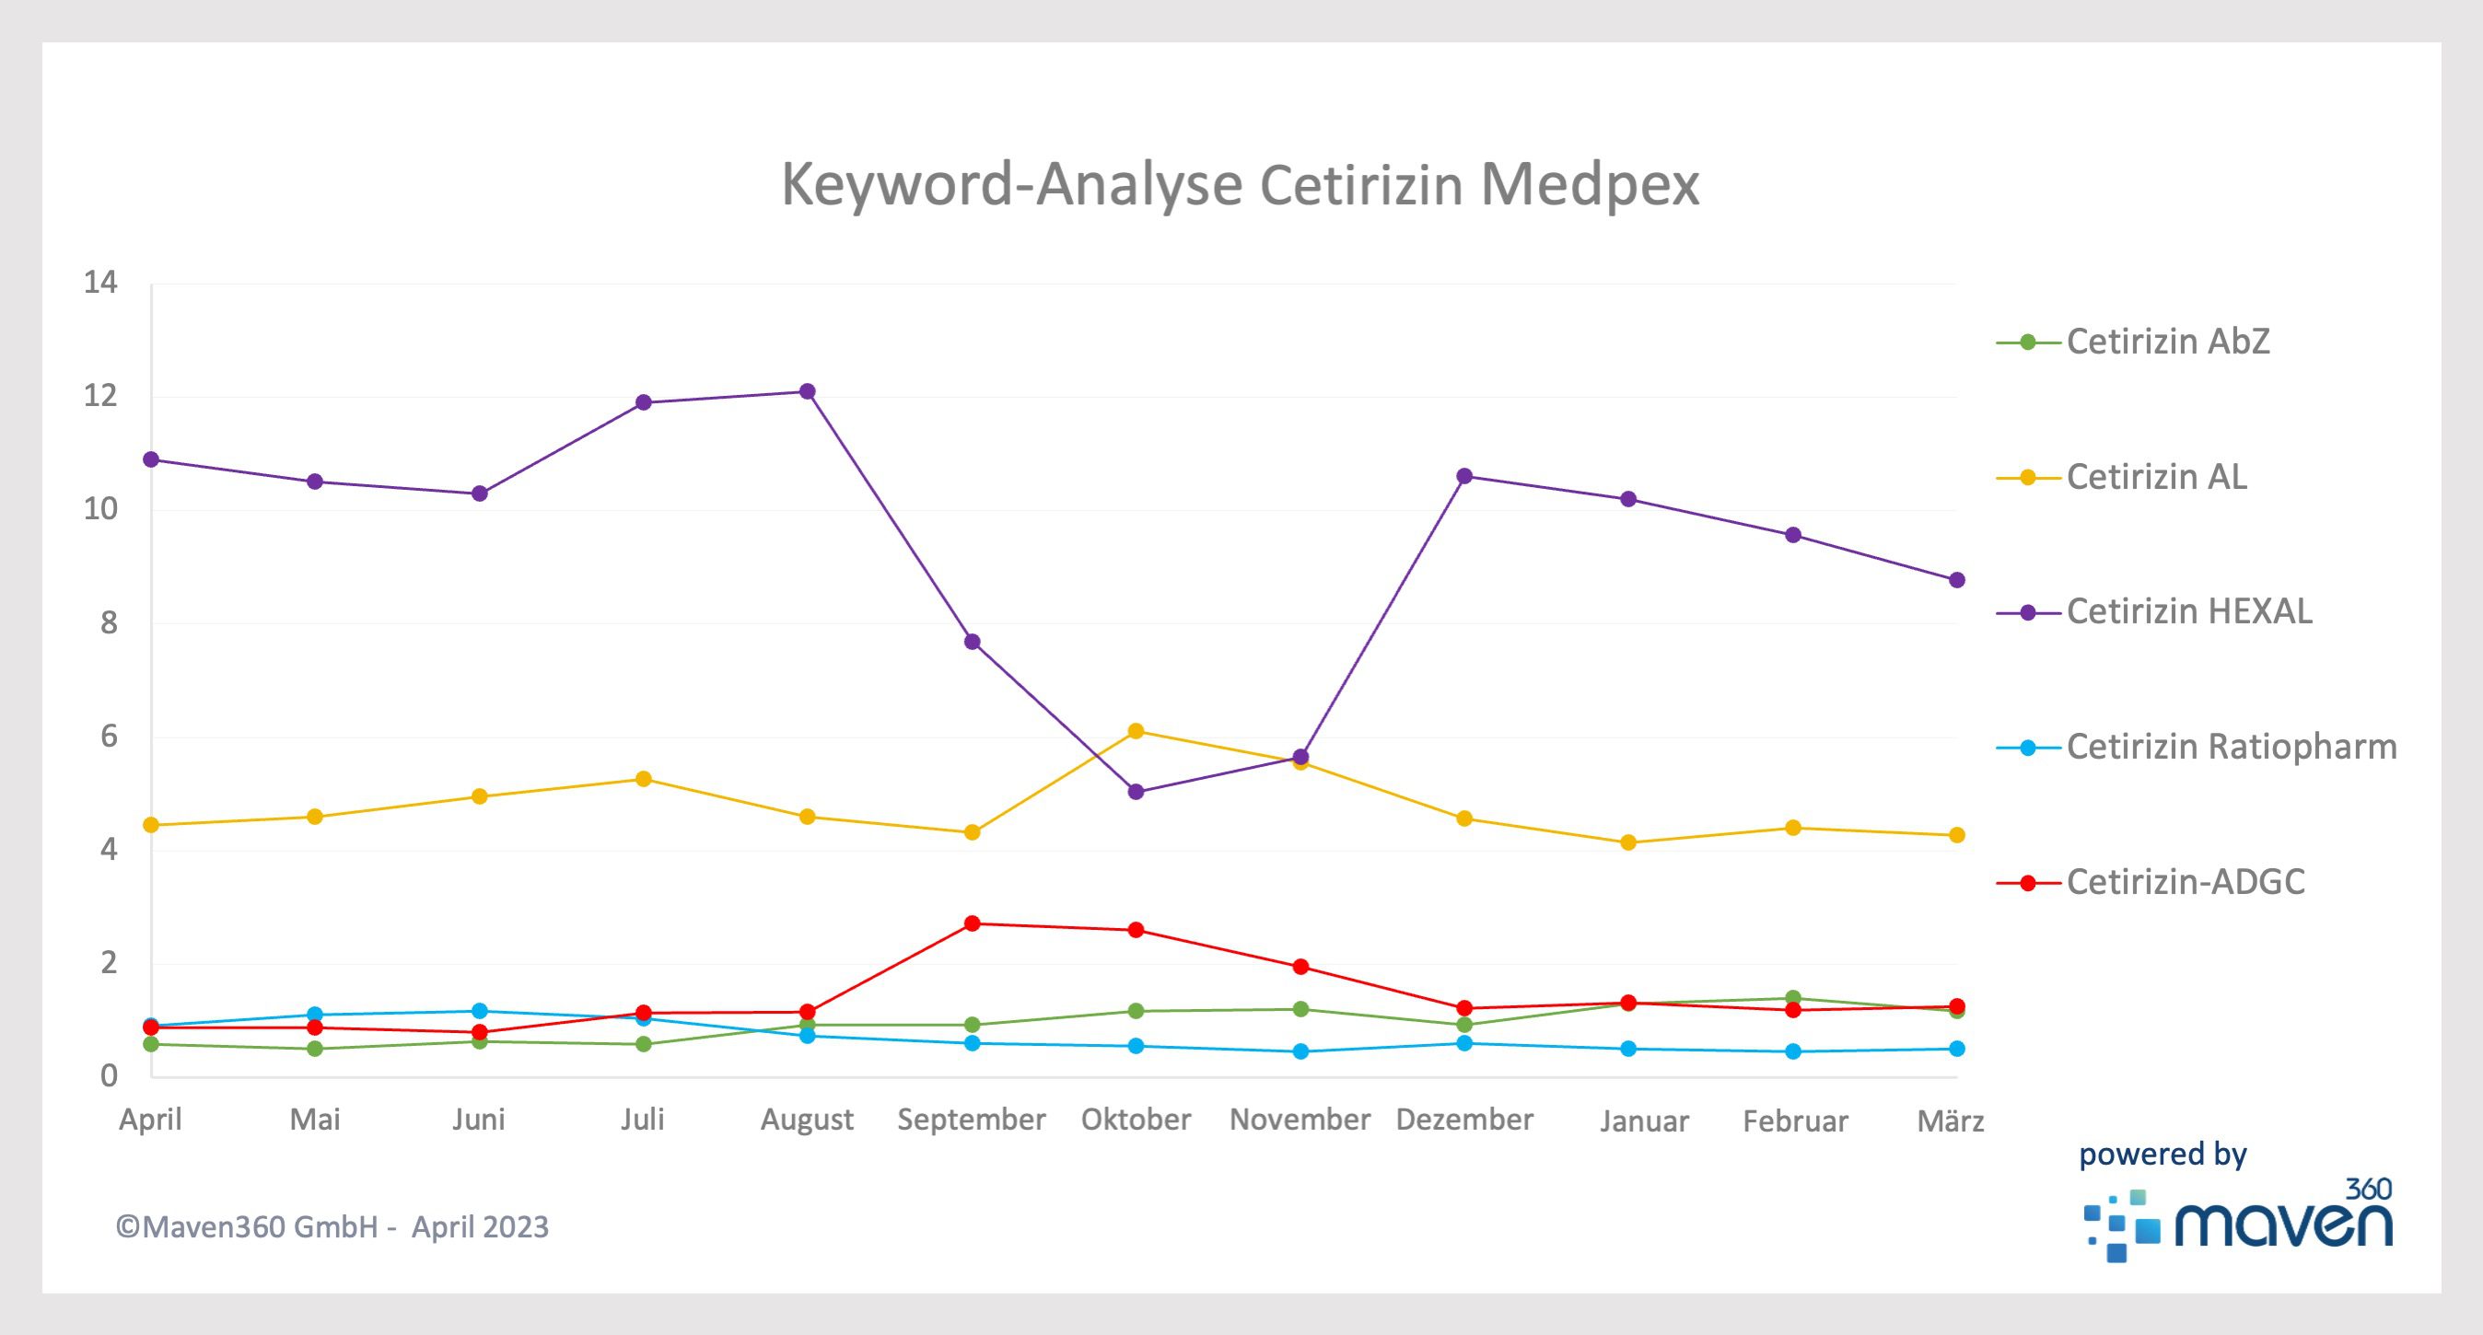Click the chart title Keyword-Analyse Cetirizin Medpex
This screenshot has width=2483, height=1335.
click(x=1240, y=184)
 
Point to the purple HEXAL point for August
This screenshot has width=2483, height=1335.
click(x=808, y=391)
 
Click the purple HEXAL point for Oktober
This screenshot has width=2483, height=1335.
click(x=1136, y=792)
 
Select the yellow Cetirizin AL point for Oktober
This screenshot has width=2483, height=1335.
click(x=1136, y=731)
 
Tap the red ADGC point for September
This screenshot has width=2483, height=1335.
click(x=972, y=923)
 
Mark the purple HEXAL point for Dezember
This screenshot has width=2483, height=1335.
click(x=1464, y=476)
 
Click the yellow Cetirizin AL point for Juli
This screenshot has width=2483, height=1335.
click(x=643, y=779)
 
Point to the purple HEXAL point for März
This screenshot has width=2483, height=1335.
click(x=1957, y=580)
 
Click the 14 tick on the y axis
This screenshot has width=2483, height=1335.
click(x=100, y=283)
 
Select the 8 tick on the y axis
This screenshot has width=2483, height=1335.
click(x=108, y=623)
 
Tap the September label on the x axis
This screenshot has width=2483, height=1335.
click(x=971, y=1119)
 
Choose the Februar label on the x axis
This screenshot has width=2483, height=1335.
click(x=1795, y=1121)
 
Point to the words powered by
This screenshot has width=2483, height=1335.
click(x=2162, y=1155)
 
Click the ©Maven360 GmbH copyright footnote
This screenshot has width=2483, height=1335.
click(x=332, y=1227)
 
